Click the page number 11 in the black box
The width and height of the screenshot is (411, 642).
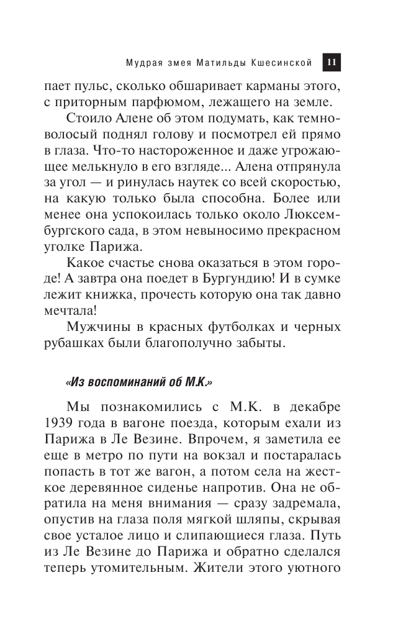click(x=330, y=62)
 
